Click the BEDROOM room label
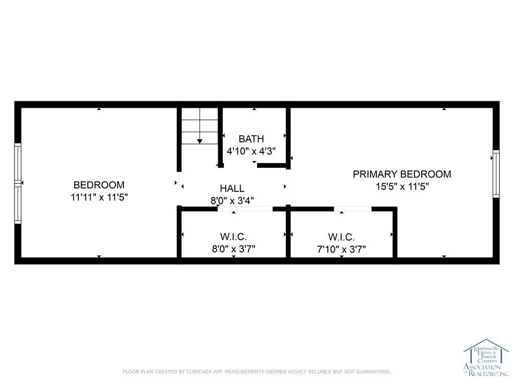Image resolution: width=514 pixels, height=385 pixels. pos(99,185)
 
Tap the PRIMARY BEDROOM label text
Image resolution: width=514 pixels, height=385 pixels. pos(402,174)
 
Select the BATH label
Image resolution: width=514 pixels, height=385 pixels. pos(251,139)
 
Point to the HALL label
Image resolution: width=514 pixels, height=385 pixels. pos(232,188)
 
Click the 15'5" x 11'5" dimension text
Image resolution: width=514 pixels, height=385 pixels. pos(402,186)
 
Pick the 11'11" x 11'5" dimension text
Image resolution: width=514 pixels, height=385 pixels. pos(99,198)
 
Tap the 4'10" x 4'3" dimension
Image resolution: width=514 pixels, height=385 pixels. pos(251,151)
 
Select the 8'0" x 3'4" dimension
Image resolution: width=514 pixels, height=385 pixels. pos(232,201)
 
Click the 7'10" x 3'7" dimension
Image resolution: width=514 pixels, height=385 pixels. pos(341,250)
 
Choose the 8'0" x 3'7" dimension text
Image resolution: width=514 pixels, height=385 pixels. pos(233,249)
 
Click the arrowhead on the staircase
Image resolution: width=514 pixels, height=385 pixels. pos(200,141)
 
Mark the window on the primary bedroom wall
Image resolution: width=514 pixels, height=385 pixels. pos(496,174)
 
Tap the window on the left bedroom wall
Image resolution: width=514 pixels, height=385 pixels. pos(18,183)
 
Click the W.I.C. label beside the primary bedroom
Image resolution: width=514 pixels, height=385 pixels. pos(341,237)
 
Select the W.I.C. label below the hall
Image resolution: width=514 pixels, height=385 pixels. pos(233,237)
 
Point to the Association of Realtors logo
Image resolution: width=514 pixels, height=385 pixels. pos(486,357)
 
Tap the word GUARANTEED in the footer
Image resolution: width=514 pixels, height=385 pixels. pos(373,371)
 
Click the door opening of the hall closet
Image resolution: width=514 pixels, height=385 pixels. pos(245,209)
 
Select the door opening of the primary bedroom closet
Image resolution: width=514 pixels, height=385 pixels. pos(353,209)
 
